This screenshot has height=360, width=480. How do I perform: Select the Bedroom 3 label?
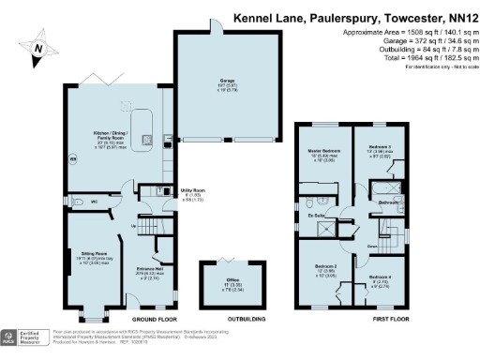point(379,152)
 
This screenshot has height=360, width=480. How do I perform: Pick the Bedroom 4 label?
point(380,280)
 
